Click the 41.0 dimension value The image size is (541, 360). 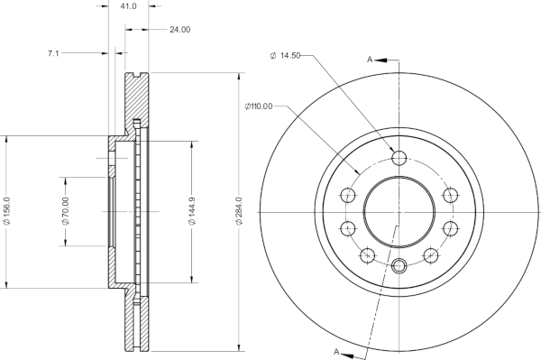[x=129, y=6]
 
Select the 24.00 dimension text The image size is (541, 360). [x=179, y=30]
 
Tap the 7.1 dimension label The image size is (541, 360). [x=53, y=53]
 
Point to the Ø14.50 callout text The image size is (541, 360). [x=285, y=55]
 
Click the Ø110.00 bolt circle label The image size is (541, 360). [x=259, y=106]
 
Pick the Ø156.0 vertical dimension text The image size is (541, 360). [x=7, y=211]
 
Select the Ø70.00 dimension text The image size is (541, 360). [x=66, y=211]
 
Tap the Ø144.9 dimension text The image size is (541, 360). [x=192, y=211]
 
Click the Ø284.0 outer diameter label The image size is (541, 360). [x=239, y=211]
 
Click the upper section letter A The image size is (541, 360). [x=370, y=60]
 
